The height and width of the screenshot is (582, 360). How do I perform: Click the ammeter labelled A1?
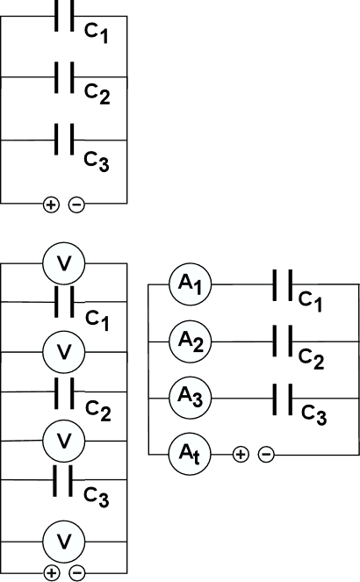coord(190,284)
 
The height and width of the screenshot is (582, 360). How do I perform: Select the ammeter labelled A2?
coord(190,341)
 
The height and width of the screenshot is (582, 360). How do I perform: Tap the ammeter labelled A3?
coord(190,399)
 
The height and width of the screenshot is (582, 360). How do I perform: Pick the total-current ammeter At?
coord(190,455)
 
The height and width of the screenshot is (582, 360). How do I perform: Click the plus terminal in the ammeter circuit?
coord(241,454)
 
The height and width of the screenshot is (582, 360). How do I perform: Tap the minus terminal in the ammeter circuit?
coord(266,454)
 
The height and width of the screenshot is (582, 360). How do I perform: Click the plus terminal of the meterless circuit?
coord(51,205)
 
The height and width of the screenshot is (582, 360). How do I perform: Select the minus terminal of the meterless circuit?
coord(76,205)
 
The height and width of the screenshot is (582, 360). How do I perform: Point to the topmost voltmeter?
coord(64,263)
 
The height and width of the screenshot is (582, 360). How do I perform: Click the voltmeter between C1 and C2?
coord(64,351)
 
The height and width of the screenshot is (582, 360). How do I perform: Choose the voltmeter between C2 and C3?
coord(64,441)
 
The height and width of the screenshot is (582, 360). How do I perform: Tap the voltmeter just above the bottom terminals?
coord(64,542)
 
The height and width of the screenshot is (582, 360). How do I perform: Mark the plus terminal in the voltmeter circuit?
coord(51,573)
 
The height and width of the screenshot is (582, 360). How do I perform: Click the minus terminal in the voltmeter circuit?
coord(76,573)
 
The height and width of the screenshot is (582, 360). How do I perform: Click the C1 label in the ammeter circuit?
coord(310,301)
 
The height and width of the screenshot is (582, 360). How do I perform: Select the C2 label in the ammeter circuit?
coord(311,359)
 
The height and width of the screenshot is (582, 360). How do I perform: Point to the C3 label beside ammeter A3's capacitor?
coord(313,415)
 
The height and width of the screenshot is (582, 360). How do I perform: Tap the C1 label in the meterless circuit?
coord(96,33)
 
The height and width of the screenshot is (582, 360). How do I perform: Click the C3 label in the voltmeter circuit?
coord(97,497)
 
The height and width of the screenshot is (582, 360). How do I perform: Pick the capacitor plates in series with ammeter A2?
coord(283,341)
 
